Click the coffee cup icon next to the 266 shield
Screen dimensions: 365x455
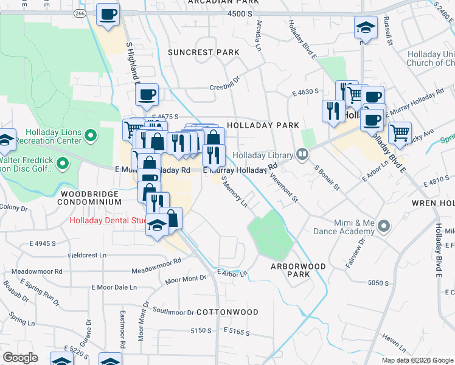point(108,15)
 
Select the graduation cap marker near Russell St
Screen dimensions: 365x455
point(366,28)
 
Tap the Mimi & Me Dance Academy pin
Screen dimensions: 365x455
point(383,226)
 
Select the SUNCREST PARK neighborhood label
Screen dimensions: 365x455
point(204,52)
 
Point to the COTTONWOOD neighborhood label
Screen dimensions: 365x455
point(228,312)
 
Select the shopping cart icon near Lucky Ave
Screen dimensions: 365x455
point(400,133)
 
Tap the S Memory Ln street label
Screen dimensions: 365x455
point(235,193)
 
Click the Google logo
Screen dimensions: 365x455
point(21,358)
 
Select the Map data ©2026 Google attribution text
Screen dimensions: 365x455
point(417,360)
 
